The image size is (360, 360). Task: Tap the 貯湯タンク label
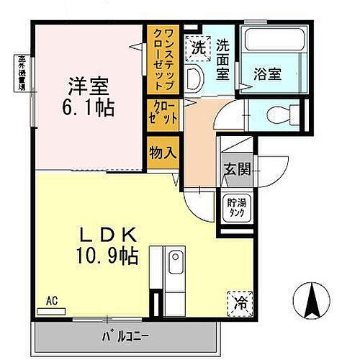(232, 208)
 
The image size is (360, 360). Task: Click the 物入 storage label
(161, 153)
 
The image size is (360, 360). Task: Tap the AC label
(51, 300)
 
